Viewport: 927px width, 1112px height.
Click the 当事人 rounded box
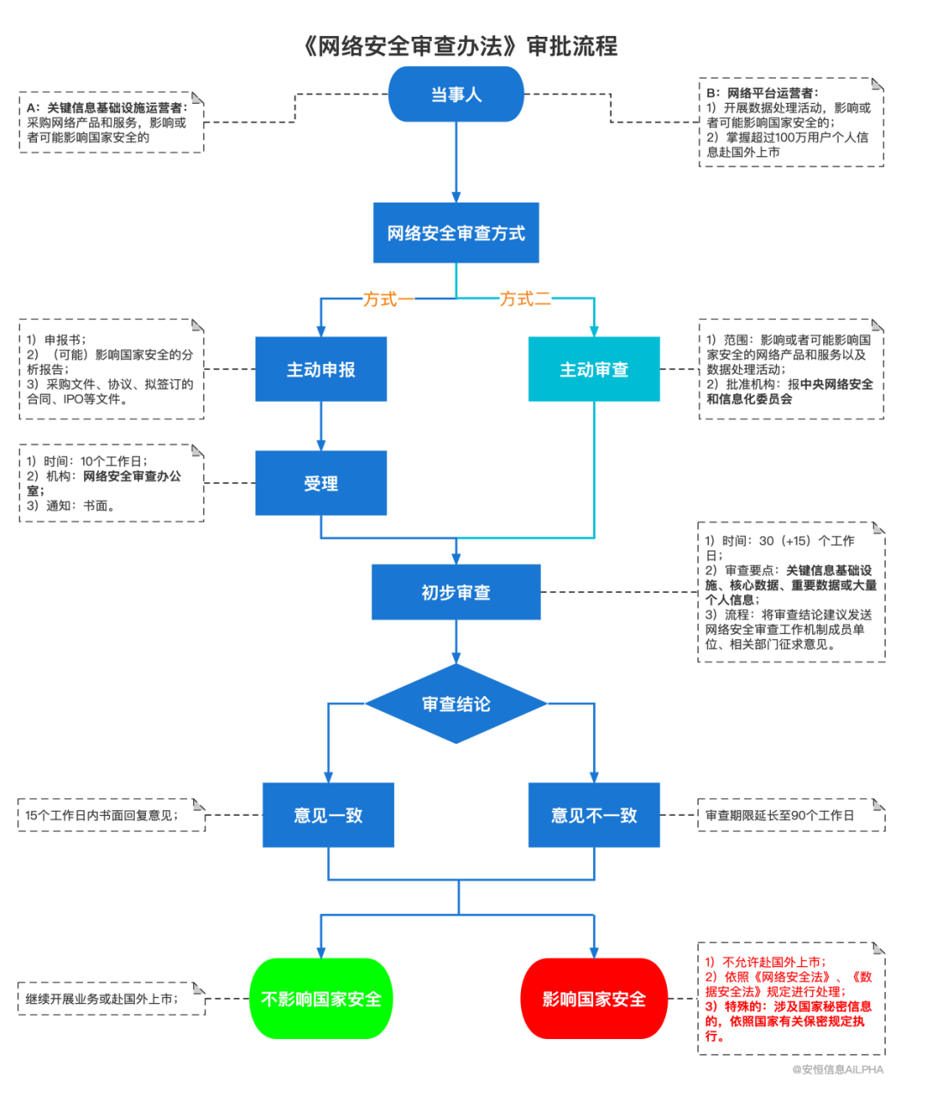click(456, 94)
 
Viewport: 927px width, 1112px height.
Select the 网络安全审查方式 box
click(456, 233)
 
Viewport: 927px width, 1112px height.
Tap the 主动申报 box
click(321, 369)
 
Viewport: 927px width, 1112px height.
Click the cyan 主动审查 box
click(594, 369)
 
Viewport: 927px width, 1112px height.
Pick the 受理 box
click(321, 483)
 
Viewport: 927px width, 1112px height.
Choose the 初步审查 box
click(456, 592)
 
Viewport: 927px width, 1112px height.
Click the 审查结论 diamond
click(456, 704)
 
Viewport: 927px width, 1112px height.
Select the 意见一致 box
click(328, 815)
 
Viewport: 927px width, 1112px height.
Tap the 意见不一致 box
click(594, 815)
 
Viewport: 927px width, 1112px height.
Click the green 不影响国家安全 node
click(321, 999)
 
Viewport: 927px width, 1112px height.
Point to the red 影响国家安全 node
click(594, 999)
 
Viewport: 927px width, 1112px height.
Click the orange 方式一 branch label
click(379, 299)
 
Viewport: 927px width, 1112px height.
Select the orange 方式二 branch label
click(525, 299)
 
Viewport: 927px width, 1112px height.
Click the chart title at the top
click(461, 45)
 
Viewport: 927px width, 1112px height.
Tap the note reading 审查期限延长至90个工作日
click(780, 815)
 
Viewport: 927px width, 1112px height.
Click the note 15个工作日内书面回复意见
click(101, 815)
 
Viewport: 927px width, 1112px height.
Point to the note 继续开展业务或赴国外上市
click(101, 999)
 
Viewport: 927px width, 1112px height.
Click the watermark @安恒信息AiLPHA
click(837, 1070)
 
